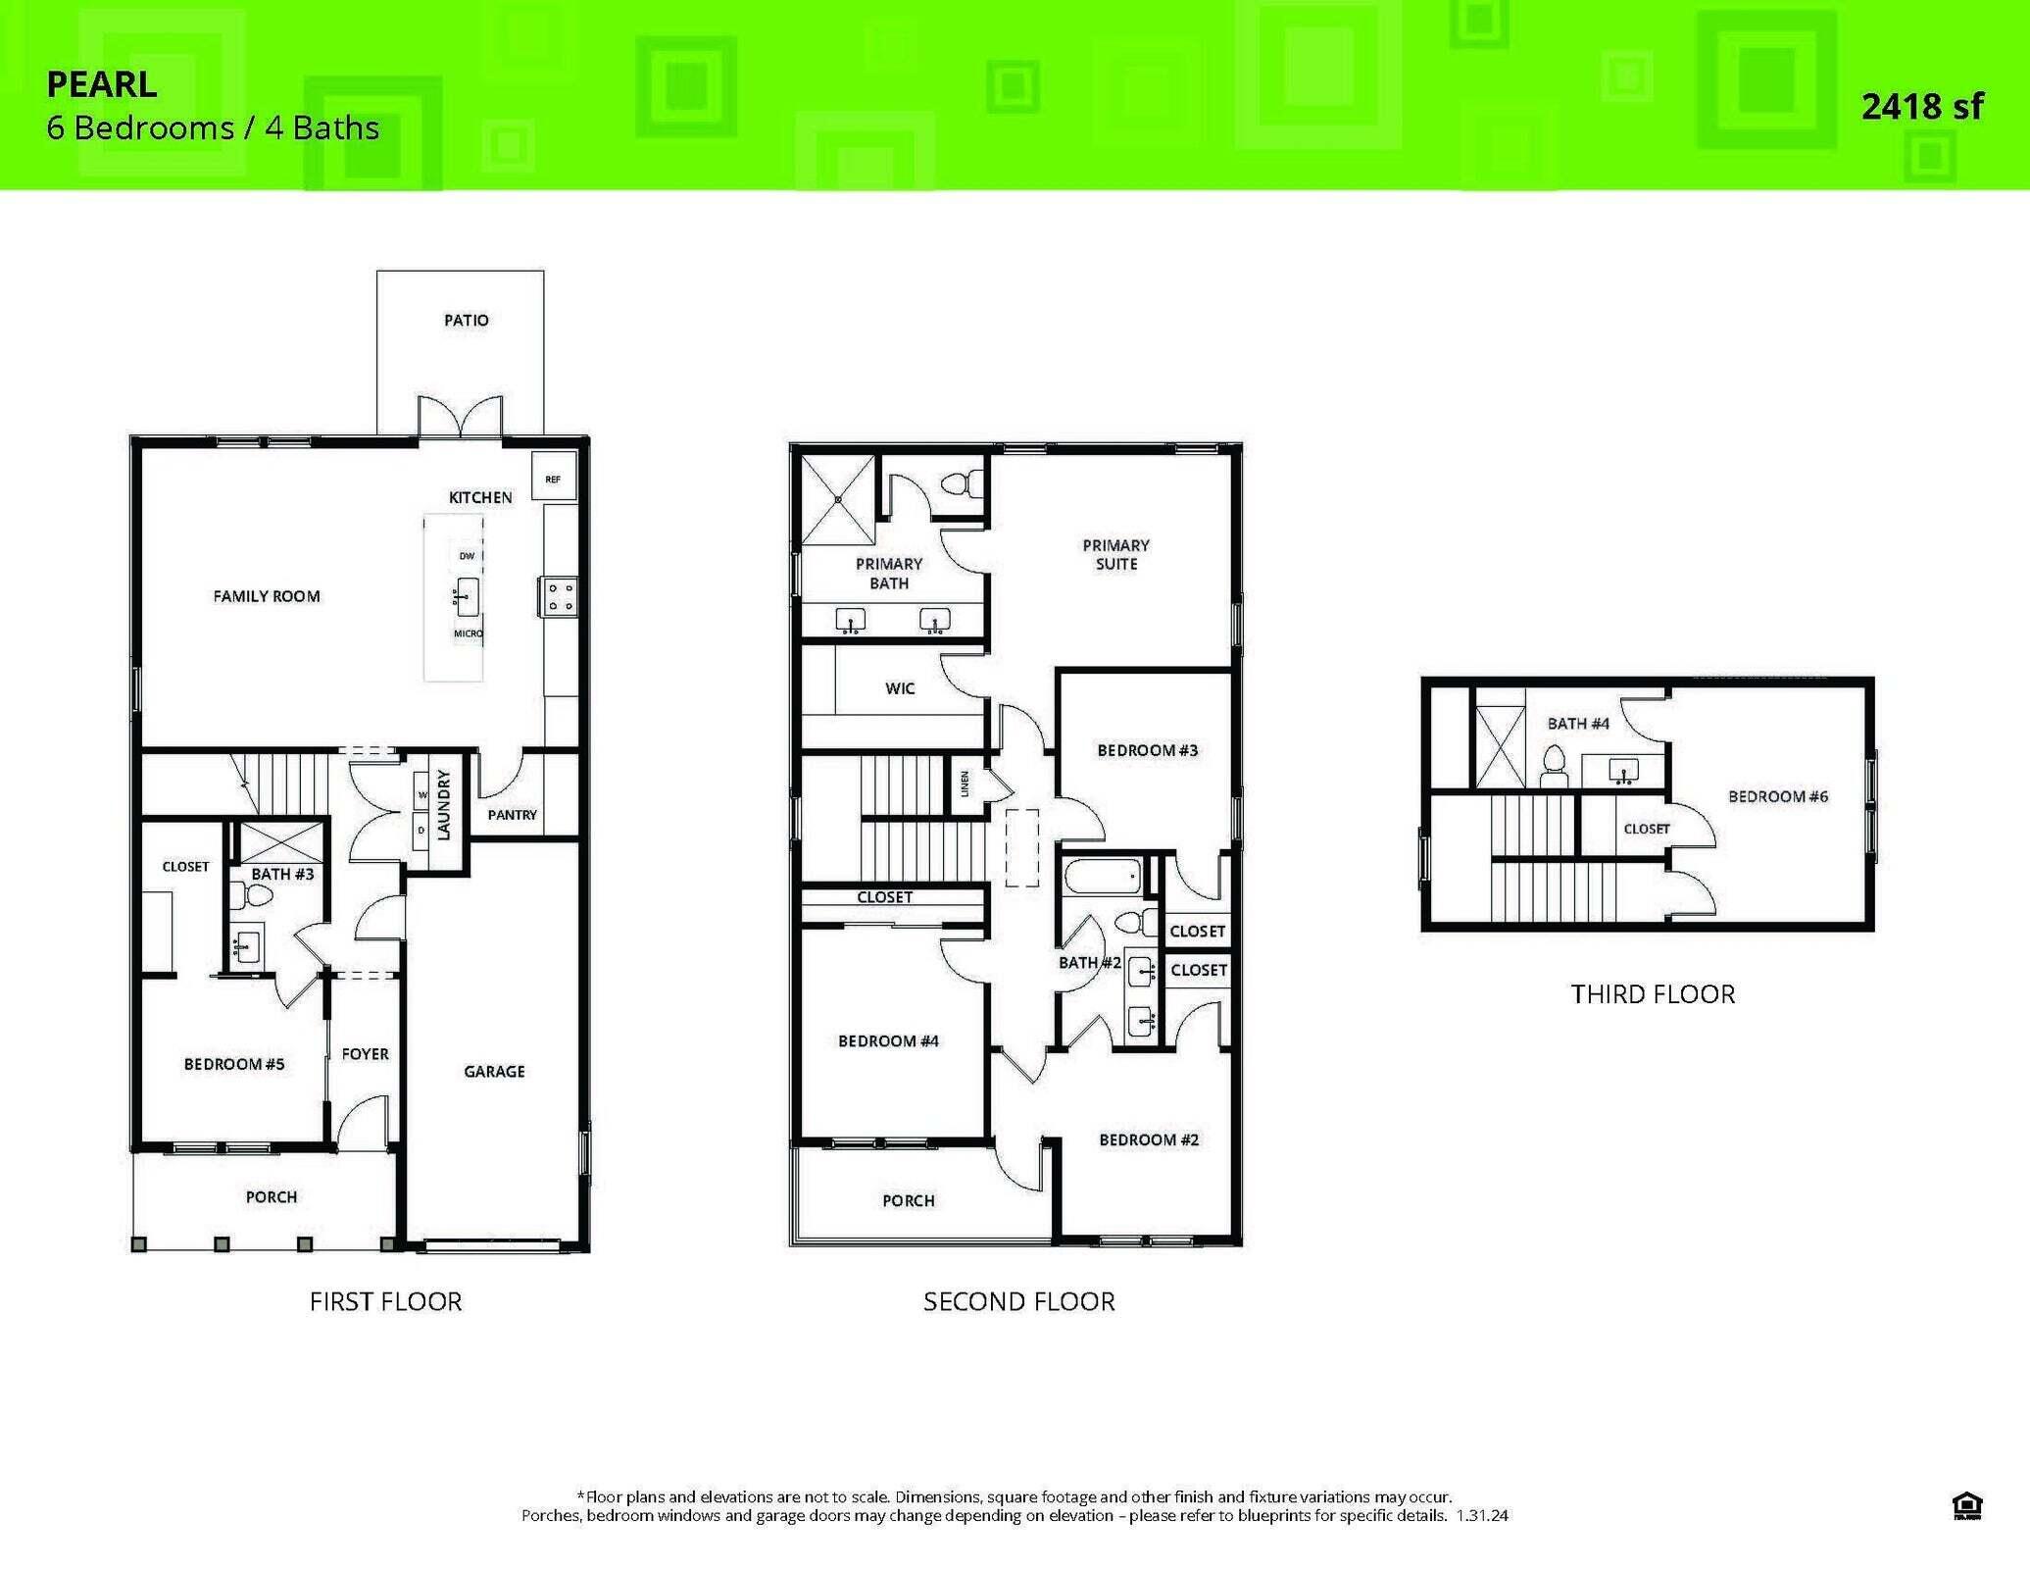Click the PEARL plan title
coord(102,84)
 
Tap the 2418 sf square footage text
coord(1921,106)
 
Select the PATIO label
coord(466,320)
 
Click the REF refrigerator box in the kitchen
coord(554,478)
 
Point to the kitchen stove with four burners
coord(560,596)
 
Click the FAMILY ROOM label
coord(267,596)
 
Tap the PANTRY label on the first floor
coord(512,815)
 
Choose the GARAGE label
coord(494,1072)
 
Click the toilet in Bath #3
coord(252,894)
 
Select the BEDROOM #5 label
coord(234,1064)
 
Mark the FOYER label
coord(366,1054)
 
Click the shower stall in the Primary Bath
coord(838,499)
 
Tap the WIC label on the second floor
coord(900,688)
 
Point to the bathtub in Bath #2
coord(1103,876)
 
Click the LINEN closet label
coord(965,784)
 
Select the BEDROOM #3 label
coord(1147,750)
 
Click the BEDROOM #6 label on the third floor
coord(1777,796)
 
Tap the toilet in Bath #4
coord(1554,766)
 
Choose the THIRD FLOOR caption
coord(1653,994)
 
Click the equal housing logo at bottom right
coord(1967,1505)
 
